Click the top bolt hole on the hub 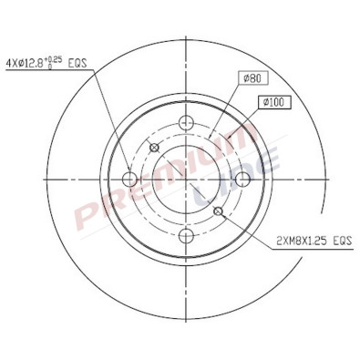188,122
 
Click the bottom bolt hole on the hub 188,236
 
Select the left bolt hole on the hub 130,179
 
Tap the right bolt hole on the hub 244,179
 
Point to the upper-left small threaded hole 154,148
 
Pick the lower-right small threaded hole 218,212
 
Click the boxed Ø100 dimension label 273,102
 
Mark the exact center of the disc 188,180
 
